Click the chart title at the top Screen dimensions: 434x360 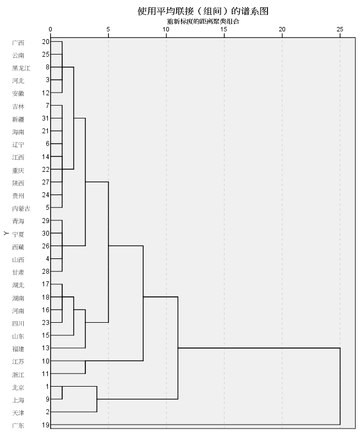(x=203, y=10)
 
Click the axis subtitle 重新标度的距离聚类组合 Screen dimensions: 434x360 (x=203, y=21)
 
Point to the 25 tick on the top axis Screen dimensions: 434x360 (x=340, y=29)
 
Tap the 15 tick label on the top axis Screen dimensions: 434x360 (x=224, y=29)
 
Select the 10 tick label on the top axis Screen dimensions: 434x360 (x=166, y=29)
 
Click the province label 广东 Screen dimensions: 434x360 (x=18, y=426)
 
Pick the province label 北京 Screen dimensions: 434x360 (x=18, y=387)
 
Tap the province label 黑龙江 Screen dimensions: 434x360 (x=21, y=68)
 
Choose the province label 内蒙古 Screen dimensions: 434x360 (x=21, y=208)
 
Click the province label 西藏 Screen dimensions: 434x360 (x=18, y=246)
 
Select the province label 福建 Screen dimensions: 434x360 (x=18, y=349)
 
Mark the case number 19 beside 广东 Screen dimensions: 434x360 (x=45, y=426)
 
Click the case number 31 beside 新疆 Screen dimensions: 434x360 (x=45, y=118)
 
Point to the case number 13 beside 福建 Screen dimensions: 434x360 (x=45, y=349)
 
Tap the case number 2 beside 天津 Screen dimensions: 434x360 (x=47, y=413)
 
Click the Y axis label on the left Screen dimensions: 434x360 (x=6, y=234)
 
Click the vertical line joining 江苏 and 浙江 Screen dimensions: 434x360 (x=85, y=367)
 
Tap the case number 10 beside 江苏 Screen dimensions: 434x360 (x=45, y=361)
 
